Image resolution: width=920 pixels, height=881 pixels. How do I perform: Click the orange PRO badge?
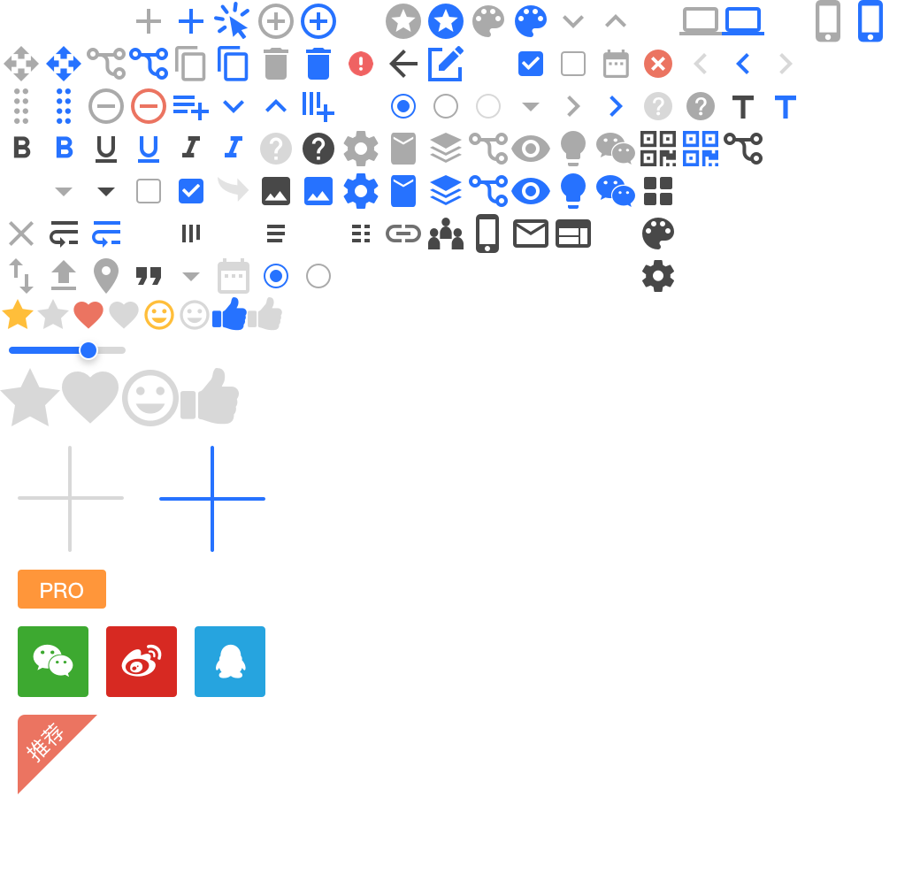click(x=62, y=589)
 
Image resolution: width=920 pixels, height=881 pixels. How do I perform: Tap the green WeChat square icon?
click(x=53, y=662)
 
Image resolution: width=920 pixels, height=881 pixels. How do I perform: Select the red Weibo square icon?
click(x=142, y=662)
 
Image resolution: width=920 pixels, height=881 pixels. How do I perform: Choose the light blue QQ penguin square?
click(x=230, y=662)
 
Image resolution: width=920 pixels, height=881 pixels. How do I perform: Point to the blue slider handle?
click(x=88, y=350)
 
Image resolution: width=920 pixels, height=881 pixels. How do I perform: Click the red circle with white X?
click(x=658, y=64)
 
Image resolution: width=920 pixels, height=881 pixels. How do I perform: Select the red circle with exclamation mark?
click(x=361, y=64)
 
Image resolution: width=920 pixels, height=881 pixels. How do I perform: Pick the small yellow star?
click(x=18, y=315)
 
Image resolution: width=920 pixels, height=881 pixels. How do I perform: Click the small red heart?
click(x=88, y=315)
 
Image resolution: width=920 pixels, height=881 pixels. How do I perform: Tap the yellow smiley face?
click(x=159, y=315)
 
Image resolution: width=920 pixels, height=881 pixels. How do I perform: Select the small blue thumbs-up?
click(x=230, y=315)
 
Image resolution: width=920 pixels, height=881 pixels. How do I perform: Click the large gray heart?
click(x=90, y=396)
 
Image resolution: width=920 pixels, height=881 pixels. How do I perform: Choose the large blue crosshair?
click(x=212, y=499)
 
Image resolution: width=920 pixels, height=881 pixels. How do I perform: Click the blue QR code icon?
click(x=701, y=149)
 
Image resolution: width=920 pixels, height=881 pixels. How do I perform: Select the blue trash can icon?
click(x=318, y=64)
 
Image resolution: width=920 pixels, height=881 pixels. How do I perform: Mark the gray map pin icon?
click(x=106, y=276)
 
